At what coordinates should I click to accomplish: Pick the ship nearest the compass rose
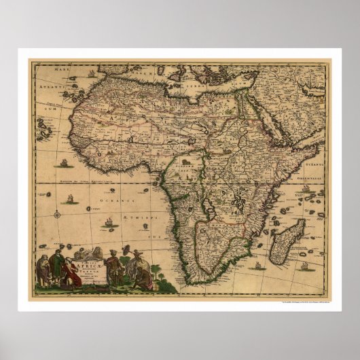(x=69, y=200)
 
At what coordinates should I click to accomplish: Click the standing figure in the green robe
(x=58, y=268)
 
